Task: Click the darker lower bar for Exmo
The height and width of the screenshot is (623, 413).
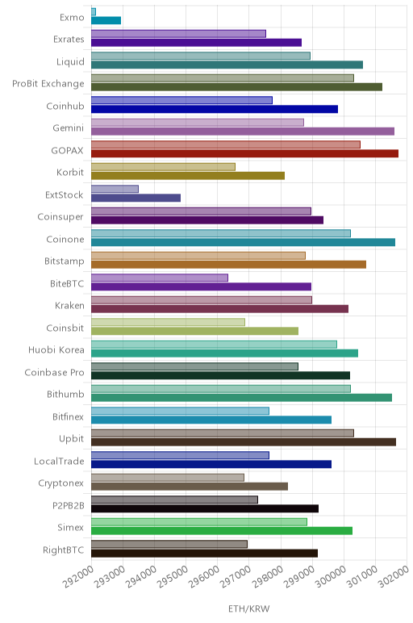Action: coord(106,20)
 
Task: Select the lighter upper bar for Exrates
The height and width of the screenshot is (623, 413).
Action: coord(179,34)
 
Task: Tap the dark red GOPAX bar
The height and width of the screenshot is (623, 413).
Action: coord(244,154)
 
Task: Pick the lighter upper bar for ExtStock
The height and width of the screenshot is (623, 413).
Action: coord(115,189)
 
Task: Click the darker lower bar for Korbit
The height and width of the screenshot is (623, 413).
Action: coord(188,176)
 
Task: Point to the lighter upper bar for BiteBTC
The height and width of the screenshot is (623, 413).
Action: coord(160,278)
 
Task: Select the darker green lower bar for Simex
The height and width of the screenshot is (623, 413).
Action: coord(222,531)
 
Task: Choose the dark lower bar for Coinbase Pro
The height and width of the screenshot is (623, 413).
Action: coord(220,375)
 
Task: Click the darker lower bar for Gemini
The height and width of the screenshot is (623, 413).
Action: coord(243,132)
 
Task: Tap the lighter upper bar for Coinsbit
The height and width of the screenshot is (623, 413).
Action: coord(168,322)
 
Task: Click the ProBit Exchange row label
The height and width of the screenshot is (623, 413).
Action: coord(48,84)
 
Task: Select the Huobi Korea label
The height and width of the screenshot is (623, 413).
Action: coord(56,350)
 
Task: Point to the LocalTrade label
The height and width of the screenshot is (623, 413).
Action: coord(59,462)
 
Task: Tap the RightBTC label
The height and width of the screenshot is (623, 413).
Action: coord(64,550)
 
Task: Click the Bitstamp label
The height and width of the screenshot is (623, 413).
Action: coord(65,261)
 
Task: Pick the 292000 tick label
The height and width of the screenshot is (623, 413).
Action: coord(78,576)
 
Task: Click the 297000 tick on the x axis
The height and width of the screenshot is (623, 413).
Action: coord(236,576)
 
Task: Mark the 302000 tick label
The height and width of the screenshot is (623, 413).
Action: coord(394,576)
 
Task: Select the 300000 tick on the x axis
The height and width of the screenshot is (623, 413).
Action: coord(331,576)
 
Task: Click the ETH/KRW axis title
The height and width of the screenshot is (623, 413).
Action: coord(249,608)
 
